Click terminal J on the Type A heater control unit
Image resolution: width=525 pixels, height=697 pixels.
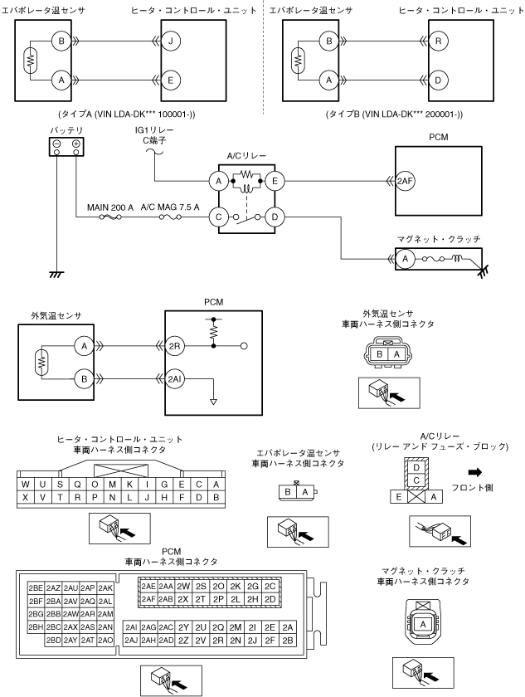171,41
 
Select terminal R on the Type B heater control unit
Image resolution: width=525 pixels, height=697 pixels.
439,41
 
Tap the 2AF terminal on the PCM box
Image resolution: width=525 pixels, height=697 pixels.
406,181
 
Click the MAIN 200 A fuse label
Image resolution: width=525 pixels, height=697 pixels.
110,207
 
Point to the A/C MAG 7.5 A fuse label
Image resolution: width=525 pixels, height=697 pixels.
170,207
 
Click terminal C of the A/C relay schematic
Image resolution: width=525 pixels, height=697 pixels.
218,217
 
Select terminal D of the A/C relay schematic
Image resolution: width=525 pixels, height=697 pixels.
275,217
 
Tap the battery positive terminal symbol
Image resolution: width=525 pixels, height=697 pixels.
76,144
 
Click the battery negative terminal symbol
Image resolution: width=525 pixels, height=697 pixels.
57,144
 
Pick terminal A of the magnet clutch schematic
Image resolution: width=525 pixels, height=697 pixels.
405,259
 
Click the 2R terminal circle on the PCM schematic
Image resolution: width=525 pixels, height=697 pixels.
174,346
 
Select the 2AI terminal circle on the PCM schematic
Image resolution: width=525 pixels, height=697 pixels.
174,378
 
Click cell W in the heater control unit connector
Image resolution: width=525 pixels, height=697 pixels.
26,485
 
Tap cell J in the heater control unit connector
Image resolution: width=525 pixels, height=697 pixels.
147,497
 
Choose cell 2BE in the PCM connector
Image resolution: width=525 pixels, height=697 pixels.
36,588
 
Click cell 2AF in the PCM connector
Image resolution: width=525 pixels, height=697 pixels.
148,599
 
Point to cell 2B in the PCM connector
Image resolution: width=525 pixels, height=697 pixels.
288,640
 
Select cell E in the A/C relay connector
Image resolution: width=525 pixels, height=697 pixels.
399,497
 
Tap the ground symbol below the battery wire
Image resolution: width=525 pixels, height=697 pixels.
56,275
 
